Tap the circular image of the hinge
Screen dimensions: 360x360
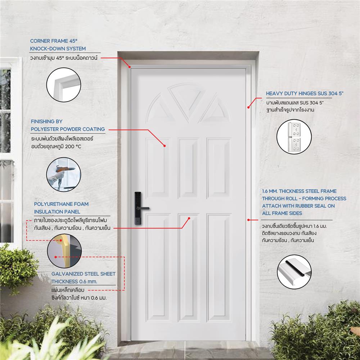pos(294,137)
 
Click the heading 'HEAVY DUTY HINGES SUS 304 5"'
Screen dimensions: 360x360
pos(305,94)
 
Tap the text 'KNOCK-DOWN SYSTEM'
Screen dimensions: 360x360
pos(58,49)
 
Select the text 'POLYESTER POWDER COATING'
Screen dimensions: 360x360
pos(68,129)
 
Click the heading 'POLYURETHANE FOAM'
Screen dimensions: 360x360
pos(61,204)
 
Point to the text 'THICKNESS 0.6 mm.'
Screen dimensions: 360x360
pos(74,281)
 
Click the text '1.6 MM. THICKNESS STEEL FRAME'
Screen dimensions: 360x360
pos(299,191)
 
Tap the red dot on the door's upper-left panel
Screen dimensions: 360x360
pos(165,146)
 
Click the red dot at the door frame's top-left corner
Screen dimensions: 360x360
pos(129,66)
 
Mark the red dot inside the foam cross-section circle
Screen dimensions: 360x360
pos(55,257)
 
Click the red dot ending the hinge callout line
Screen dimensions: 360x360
pos(248,107)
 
